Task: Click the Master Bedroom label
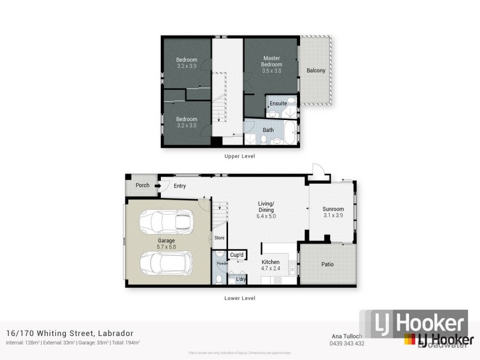click(271, 61)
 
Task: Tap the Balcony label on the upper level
click(316, 71)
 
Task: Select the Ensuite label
click(278, 104)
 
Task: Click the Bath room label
click(268, 130)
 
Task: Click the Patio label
click(327, 265)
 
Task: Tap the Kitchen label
click(271, 262)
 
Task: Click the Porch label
click(142, 185)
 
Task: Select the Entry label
click(179, 186)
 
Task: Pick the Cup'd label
click(237, 255)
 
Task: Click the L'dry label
click(241, 279)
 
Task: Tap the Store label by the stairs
click(220, 238)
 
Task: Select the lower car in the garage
click(166, 262)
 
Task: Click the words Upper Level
click(240, 156)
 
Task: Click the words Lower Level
click(240, 298)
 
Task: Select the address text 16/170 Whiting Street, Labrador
click(70, 334)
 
